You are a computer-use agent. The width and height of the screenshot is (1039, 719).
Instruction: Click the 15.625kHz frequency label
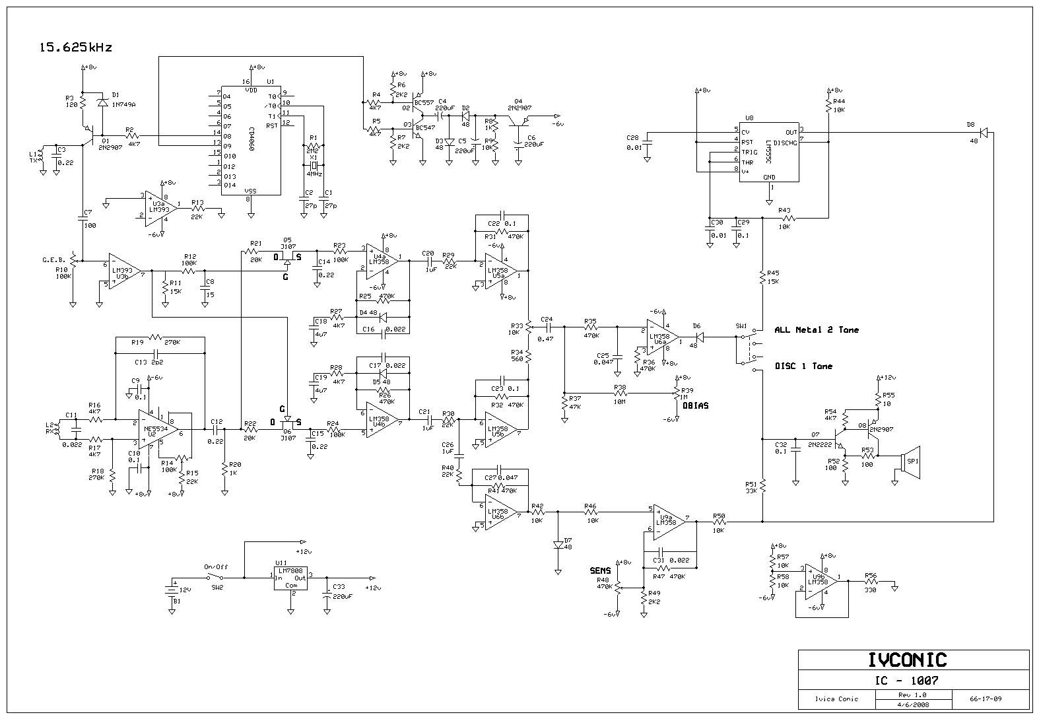coord(76,48)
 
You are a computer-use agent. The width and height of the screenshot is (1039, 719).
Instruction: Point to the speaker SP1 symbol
coord(912,461)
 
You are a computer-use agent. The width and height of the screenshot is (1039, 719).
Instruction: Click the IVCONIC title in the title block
coord(913,660)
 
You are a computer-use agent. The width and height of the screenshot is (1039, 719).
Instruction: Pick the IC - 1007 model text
coord(913,680)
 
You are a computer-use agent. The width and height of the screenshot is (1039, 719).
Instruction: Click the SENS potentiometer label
coord(600,570)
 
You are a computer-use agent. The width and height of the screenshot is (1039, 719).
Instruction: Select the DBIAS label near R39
coord(696,405)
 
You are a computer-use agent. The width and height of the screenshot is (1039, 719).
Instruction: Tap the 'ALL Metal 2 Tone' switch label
coord(817,329)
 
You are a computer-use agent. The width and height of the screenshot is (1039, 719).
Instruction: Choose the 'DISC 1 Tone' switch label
coord(803,366)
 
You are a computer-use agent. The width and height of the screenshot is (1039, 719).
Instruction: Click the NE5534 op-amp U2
coord(157,428)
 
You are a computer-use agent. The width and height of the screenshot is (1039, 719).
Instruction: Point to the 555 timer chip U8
coord(768,150)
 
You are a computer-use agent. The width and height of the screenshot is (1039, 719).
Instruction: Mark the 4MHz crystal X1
coord(315,164)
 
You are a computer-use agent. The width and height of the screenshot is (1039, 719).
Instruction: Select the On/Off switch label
coord(215,567)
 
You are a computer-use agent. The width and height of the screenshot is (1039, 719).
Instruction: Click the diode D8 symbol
coord(984,133)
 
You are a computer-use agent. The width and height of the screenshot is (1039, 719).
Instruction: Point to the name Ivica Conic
coord(836,699)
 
